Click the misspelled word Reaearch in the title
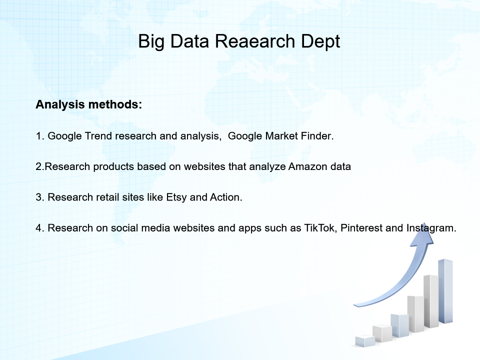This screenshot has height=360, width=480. coord(255,41)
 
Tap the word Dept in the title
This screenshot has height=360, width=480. coord(320,42)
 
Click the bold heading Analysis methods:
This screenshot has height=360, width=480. coord(89,104)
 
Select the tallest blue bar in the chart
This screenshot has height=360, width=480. coord(445,291)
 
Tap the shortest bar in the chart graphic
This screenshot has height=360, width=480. coord(365,341)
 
